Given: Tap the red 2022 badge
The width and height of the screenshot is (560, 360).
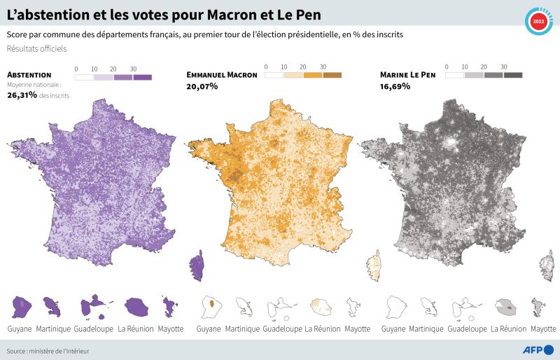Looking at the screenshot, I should click(x=538, y=22).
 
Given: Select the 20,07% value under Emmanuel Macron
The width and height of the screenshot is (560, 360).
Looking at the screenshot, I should click(x=202, y=86).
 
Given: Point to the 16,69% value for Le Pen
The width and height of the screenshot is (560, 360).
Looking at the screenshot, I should click(x=395, y=86).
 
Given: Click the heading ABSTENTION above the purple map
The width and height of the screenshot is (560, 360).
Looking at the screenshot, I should click(x=29, y=74).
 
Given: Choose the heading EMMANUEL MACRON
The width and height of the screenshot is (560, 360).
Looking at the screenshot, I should click(x=222, y=74).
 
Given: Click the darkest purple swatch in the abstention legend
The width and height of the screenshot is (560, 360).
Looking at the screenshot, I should click(x=142, y=78).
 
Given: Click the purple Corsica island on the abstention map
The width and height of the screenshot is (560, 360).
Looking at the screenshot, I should click(x=197, y=270).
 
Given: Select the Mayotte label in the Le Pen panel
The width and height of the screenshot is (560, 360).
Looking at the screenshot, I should click(x=543, y=328).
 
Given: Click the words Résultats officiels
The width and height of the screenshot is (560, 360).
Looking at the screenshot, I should click(x=36, y=48).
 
